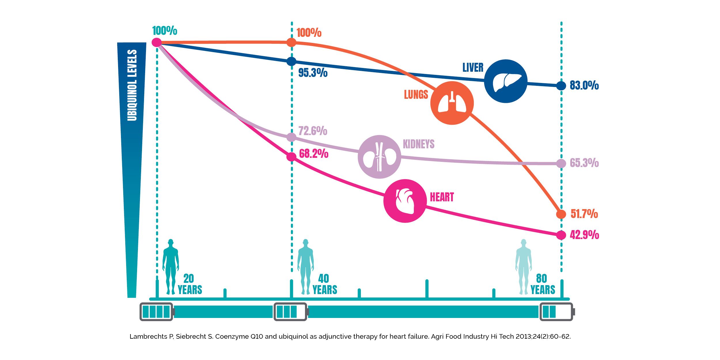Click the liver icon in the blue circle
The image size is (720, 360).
[506, 82]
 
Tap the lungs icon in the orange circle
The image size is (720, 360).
[452, 103]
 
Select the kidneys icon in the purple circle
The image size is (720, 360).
[379, 157]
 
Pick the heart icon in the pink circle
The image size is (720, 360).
[405, 201]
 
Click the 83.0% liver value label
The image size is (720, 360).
[584, 86]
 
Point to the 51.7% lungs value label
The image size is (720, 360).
[584, 214]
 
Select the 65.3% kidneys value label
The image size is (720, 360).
[584, 163]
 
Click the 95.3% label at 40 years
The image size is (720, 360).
[313, 73]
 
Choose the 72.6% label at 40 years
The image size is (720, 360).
[312, 131]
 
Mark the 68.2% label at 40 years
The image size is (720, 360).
[314, 154]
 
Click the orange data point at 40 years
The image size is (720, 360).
[291, 43]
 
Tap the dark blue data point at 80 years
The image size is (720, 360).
[561, 86]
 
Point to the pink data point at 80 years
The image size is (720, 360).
[561, 235]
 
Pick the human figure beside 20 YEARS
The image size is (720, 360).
[171, 266]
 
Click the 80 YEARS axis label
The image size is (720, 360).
[543, 284]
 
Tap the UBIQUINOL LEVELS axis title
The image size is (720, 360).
[132, 85]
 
